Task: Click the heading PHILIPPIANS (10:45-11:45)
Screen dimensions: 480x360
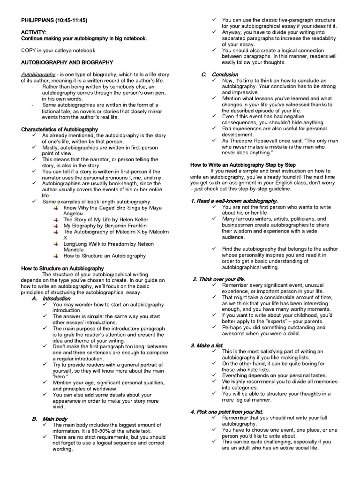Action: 54,20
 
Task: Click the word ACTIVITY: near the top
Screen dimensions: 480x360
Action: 34,32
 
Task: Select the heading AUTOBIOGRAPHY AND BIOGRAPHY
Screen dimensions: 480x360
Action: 67,62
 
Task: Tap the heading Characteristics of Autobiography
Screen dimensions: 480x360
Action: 60,129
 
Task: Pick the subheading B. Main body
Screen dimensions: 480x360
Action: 50,419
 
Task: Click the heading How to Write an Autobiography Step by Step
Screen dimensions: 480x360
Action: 243,165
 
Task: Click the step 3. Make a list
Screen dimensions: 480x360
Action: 207,345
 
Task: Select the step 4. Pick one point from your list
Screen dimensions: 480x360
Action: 226,412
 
